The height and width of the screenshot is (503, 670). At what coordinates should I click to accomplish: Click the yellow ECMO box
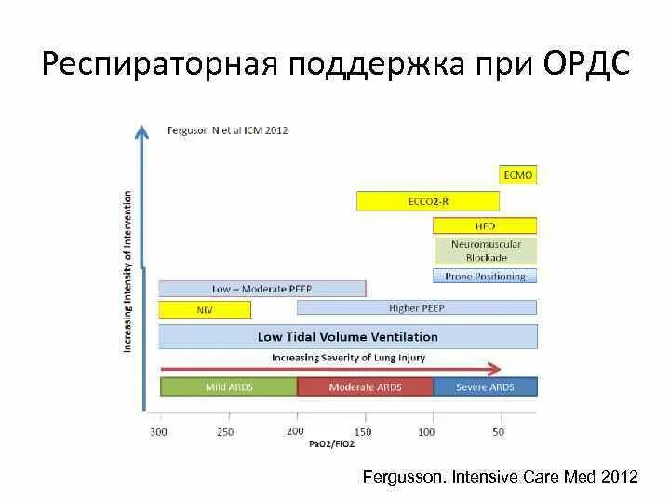(x=518, y=175)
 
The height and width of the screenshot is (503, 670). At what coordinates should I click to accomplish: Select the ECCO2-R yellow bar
(x=428, y=200)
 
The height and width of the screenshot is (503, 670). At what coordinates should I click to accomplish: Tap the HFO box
(x=485, y=225)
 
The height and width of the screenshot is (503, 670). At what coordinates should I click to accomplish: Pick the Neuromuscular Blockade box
(x=485, y=251)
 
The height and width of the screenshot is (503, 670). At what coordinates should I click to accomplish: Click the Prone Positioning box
(x=485, y=276)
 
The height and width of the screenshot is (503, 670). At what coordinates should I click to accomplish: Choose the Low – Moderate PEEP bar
(x=261, y=289)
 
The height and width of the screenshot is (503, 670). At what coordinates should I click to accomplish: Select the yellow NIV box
(x=205, y=309)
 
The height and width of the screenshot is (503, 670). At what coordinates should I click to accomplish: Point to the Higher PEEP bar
(x=416, y=307)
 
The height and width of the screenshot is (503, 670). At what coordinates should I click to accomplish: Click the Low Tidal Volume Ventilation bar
(x=348, y=336)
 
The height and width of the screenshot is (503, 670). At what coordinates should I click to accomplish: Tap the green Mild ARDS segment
(x=229, y=387)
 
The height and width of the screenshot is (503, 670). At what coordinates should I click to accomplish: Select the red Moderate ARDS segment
(x=365, y=387)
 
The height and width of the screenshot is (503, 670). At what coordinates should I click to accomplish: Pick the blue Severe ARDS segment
(x=485, y=387)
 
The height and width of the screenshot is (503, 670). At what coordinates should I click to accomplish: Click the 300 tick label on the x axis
(x=159, y=431)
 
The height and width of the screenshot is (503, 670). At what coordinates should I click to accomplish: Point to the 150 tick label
(x=361, y=431)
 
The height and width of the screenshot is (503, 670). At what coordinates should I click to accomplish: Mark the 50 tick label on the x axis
(x=498, y=431)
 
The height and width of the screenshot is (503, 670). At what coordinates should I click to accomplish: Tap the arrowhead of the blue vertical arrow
(x=141, y=131)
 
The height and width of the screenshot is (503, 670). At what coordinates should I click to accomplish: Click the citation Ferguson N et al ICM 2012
(x=227, y=130)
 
